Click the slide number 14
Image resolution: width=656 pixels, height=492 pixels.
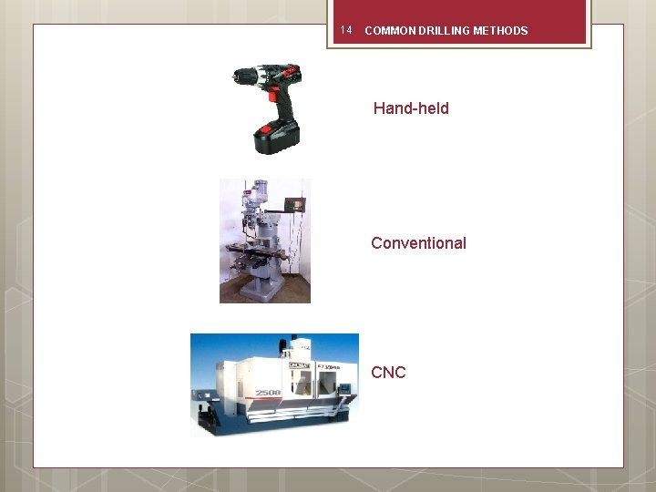tap(345, 30)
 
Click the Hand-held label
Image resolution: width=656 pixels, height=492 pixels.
tap(411, 108)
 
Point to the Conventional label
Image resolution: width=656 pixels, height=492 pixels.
tap(418, 243)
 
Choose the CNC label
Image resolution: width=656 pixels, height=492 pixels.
tap(388, 373)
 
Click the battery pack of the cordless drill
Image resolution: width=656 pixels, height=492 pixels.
tap(277, 137)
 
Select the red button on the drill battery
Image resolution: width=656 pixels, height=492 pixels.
tap(266, 129)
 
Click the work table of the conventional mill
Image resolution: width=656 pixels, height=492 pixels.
tap(247, 248)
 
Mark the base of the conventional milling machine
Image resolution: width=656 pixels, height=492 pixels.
tap(270, 289)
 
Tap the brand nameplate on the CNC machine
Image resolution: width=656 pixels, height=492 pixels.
tap(302, 366)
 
